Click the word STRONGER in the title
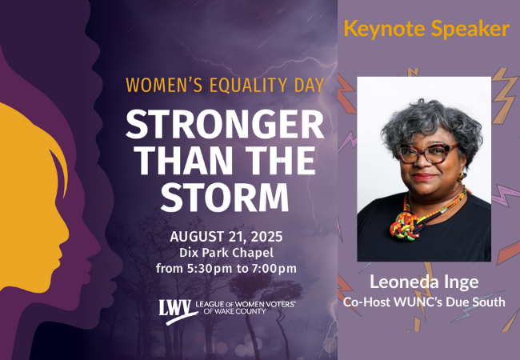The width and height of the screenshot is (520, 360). pyautogui.click(x=225, y=124)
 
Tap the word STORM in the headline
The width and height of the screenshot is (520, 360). pyautogui.click(x=225, y=198)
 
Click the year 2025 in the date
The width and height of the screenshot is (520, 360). pyautogui.click(x=266, y=237)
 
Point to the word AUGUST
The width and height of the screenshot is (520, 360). pyautogui.click(x=197, y=237)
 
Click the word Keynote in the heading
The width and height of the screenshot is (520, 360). pyautogui.click(x=384, y=29)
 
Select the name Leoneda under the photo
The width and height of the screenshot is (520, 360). pyautogui.click(x=400, y=282)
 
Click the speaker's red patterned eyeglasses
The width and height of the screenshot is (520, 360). pyautogui.click(x=427, y=154)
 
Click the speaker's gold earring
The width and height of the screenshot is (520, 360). pyautogui.click(x=461, y=175)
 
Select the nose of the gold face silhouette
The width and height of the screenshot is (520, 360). pyautogui.click(x=66, y=230)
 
